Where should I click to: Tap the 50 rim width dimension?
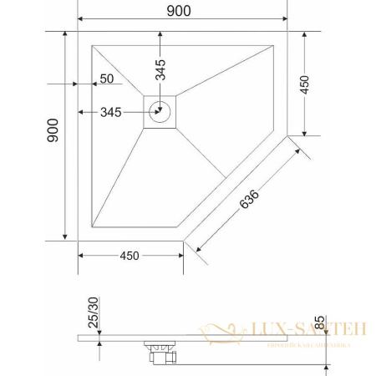coord(106,79)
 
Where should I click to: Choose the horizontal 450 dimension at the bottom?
coord(130,255)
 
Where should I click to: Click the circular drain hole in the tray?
coord(160,111)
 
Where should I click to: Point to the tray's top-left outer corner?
coord(78,33)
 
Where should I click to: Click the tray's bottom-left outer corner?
coord(78,239)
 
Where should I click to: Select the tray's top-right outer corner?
coord(286,33)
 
